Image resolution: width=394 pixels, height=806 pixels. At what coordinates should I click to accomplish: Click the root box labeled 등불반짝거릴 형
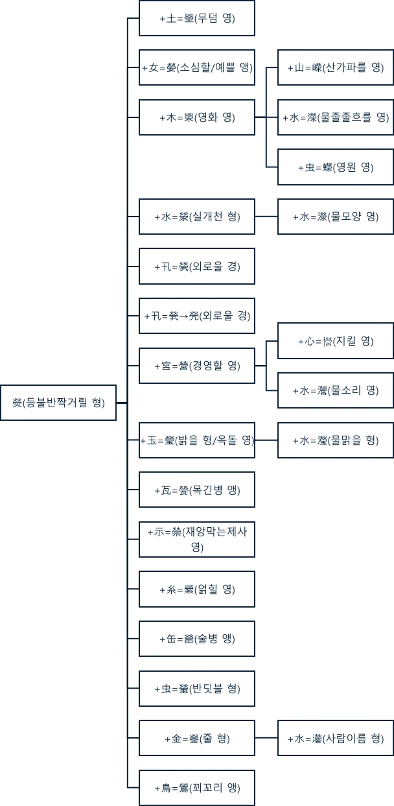(58, 403)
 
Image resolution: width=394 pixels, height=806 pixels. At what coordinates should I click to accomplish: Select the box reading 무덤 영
(197, 18)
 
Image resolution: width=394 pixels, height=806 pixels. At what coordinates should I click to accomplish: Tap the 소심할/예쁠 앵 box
(197, 67)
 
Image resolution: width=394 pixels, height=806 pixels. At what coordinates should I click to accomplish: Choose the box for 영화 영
(197, 117)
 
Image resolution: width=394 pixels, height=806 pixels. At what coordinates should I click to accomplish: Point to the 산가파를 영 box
(336, 67)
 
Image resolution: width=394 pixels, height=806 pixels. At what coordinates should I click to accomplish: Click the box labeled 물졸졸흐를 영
(336, 117)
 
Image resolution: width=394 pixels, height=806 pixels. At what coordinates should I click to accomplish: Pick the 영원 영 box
(336, 167)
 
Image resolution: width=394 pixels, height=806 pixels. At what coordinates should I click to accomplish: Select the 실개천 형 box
(197, 217)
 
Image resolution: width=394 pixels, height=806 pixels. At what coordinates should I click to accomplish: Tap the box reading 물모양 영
(336, 217)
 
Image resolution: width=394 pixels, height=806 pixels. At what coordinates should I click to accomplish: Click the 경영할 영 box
(197, 366)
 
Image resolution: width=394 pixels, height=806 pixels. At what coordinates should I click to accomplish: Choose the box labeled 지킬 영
(336, 341)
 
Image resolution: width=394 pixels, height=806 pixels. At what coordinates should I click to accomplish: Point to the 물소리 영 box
(336, 390)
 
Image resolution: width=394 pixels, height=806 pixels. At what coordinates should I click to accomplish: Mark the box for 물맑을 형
(336, 440)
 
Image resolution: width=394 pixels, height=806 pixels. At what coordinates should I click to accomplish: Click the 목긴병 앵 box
(197, 490)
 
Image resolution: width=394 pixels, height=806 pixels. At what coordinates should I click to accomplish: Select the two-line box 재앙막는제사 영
(197, 539)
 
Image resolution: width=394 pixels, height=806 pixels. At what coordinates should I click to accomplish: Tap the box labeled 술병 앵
(197, 639)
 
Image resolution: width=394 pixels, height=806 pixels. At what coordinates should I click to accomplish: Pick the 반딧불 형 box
(197, 689)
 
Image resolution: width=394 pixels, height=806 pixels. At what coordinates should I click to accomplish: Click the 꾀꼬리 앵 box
(197, 788)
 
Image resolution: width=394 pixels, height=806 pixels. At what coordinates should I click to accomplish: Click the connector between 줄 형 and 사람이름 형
(266, 738)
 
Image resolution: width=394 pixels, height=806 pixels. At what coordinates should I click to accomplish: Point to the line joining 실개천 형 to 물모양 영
(266, 217)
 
